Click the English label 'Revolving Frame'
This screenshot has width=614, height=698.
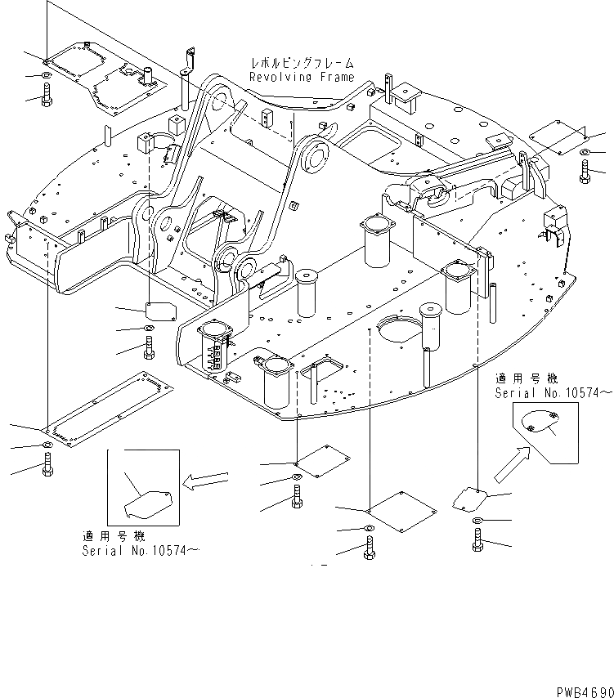tap(302, 77)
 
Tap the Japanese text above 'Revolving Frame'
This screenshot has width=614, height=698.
tap(302, 63)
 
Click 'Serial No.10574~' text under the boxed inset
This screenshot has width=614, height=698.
tap(140, 551)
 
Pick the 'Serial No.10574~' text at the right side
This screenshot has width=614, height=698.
tap(553, 393)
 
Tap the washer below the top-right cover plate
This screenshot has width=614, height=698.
tap(585, 153)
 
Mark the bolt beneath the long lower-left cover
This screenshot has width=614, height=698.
tap(47, 469)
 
